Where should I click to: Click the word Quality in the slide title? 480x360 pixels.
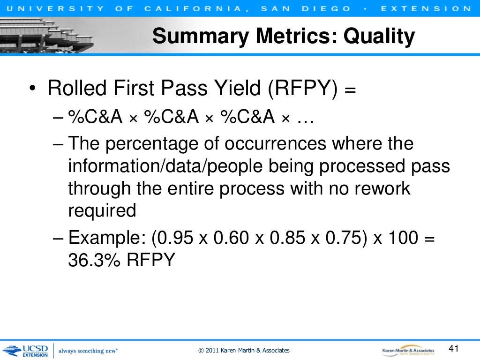pos(380,36)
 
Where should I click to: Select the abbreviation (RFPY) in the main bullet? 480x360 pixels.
pos(303,89)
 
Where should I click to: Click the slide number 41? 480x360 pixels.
pos(453,348)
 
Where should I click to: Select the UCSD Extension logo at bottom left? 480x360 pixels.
pos(25,350)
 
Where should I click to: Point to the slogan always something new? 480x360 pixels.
pos(88,351)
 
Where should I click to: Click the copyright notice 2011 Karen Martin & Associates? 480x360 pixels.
pos(244,351)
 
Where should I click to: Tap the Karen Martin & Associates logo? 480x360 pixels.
pos(408,350)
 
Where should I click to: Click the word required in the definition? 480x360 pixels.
pos(102,211)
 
